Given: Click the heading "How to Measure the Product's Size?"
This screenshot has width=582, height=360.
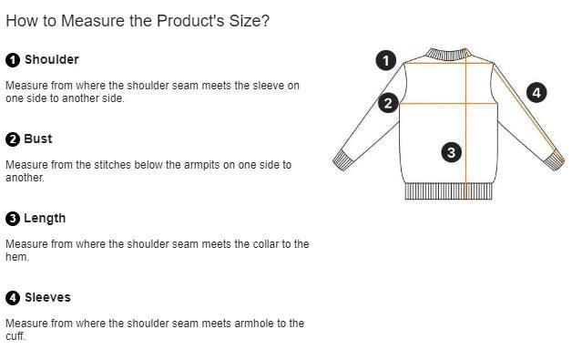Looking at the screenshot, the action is point(138,21).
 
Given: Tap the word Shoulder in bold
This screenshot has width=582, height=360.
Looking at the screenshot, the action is point(52,59).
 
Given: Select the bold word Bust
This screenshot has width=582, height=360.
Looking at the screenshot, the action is point(38,139).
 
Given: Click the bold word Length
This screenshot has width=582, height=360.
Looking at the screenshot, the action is point(45,218).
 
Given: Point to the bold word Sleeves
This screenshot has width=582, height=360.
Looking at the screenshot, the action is point(47,297).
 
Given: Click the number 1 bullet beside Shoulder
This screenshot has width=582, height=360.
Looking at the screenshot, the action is point(13,60).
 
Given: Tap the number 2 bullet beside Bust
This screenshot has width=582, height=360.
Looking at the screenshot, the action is point(13,139).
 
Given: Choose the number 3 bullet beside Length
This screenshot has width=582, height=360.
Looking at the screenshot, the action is point(13,219).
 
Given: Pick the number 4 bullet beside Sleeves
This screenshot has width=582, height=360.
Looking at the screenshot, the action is point(13,298).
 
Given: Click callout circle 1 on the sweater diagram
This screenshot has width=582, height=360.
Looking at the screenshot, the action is point(386,60).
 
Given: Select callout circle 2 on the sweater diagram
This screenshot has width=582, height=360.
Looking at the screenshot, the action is point(388,103).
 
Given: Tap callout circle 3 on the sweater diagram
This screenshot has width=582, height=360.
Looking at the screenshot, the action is point(452,152).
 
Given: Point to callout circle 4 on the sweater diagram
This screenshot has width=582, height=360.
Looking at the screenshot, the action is point(536,93).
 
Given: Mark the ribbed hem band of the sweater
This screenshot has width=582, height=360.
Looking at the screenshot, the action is point(449,191).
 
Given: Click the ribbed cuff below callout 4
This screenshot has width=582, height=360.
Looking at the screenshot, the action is point(555,160).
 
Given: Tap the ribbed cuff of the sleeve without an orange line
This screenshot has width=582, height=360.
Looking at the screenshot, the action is point(342,160).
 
